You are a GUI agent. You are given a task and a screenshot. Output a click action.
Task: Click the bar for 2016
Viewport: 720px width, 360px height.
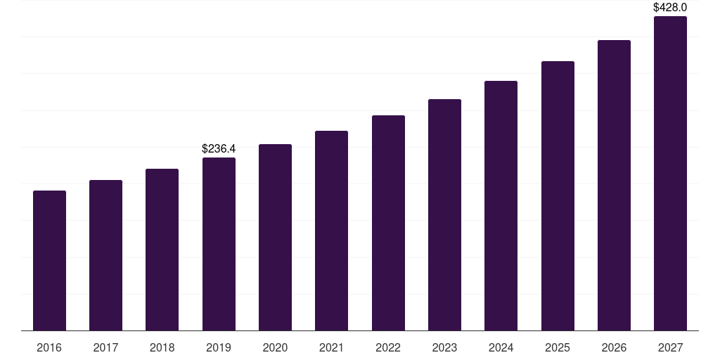[x=49, y=260]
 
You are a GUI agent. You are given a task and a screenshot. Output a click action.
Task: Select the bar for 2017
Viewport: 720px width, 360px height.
[x=105, y=255]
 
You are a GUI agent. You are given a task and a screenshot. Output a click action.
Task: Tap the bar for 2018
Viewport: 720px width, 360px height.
[x=162, y=250]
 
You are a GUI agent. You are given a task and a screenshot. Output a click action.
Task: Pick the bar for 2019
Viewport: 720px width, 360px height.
[x=219, y=244]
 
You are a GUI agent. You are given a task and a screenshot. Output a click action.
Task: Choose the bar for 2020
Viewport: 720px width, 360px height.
[x=275, y=237]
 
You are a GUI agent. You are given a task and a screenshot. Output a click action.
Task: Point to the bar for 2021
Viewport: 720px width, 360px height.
[x=331, y=231]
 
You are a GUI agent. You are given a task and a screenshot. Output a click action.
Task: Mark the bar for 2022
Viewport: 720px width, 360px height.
[x=388, y=223]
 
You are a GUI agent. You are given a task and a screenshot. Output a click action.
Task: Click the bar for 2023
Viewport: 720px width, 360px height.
[x=444, y=214]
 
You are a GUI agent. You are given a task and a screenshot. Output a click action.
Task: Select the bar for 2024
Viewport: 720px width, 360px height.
[x=501, y=205]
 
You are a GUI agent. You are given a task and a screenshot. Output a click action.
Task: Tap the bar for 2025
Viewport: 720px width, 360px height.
[x=558, y=195]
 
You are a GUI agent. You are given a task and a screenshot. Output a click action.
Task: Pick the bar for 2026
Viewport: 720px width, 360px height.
[x=614, y=185]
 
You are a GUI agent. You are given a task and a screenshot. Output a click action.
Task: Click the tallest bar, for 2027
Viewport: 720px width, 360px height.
[x=670, y=173]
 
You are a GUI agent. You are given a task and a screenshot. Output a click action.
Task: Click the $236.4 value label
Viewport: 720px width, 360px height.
[x=219, y=149]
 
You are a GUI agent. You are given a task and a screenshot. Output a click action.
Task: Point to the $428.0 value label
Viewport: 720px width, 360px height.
[x=670, y=8]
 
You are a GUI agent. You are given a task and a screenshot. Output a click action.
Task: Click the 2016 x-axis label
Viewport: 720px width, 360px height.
[x=49, y=348]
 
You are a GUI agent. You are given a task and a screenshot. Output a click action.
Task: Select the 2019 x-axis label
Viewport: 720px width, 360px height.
[x=219, y=348]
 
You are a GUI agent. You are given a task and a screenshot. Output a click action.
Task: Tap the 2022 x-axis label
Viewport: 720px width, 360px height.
[x=388, y=348]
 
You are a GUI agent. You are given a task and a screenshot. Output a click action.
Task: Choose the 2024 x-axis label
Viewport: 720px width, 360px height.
[x=501, y=348]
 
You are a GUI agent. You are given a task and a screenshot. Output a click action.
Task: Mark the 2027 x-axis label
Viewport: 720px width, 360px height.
[x=670, y=348]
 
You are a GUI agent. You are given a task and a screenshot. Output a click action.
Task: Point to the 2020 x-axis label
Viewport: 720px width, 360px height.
[x=275, y=348]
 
